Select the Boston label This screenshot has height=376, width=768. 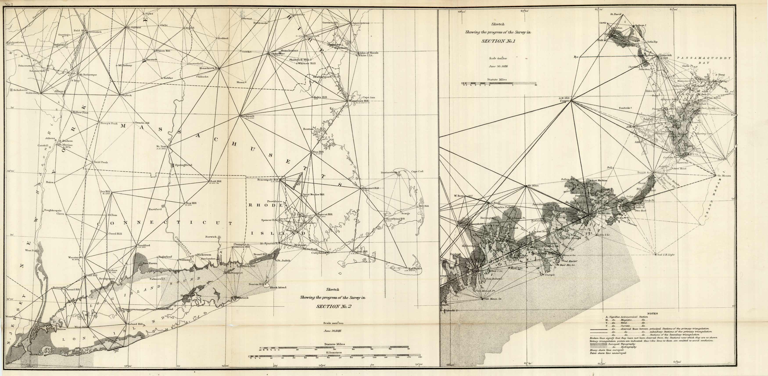coord(308,129)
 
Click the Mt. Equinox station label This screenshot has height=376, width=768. coord(134,27)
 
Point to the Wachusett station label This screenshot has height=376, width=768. coord(247,116)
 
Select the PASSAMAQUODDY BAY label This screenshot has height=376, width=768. coord(704,58)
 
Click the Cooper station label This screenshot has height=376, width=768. coord(565,101)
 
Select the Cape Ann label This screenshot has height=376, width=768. coord(368,97)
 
